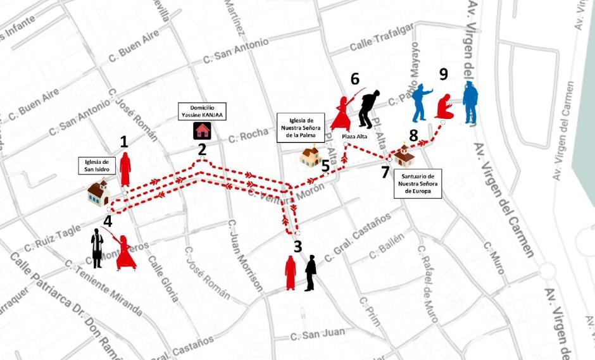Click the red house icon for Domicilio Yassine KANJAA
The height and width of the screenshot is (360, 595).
[203, 130]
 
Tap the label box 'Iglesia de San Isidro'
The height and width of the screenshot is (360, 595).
[97, 165]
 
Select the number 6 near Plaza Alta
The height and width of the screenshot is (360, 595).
[354, 79]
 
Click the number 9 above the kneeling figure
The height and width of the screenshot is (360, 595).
[443, 75]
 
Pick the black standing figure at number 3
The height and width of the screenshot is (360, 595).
[310, 273]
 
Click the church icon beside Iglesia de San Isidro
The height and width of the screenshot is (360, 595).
[98, 193]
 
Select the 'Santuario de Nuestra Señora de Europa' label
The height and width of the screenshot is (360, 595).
[418, 183]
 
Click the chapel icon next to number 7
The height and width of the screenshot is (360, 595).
[402, 154]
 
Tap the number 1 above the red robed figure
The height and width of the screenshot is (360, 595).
[124, 142]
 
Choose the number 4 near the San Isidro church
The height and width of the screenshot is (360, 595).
[108, 221]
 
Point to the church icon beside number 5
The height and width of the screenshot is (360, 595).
[310, 156]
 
